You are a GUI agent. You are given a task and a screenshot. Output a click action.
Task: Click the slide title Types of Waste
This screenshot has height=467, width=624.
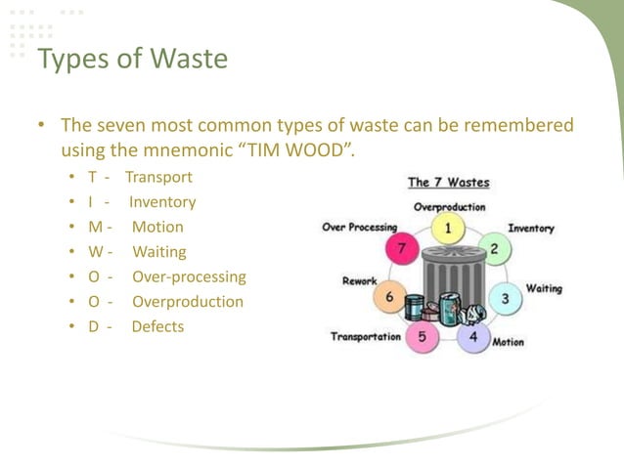[132, 60]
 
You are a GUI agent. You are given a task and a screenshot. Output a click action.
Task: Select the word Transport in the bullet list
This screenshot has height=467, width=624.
[158, 178]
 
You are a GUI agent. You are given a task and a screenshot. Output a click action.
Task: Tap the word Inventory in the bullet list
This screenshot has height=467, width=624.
[162, 202]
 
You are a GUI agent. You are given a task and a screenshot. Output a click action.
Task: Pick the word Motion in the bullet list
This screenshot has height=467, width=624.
[157, 227]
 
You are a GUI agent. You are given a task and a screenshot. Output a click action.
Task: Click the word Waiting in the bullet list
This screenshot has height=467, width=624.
[159, 252]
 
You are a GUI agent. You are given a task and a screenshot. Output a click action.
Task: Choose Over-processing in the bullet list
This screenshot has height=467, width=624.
[189, 276]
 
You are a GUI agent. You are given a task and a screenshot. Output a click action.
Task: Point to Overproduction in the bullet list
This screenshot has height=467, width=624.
[188, 302]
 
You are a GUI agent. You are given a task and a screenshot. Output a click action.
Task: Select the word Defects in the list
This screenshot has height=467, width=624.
[157, 326]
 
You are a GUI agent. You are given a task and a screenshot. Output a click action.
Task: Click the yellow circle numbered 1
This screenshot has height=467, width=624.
[448, 229]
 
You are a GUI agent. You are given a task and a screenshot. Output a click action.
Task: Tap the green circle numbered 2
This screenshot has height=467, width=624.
[494, 248]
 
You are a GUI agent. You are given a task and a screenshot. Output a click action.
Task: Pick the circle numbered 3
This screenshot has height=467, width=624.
[505, 297]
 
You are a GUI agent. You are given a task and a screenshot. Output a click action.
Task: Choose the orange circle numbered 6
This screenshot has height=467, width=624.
[390, 297]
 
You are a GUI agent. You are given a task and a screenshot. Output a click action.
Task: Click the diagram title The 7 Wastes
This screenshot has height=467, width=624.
[448, 183]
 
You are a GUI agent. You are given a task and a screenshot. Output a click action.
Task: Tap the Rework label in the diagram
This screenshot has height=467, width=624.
[359, 281]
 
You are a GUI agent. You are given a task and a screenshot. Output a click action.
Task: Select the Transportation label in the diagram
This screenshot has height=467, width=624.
[365, 337]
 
